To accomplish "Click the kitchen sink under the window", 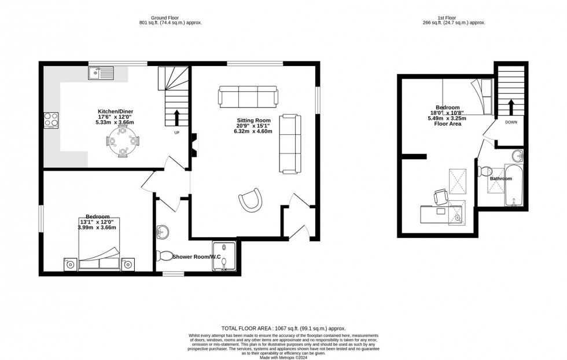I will click(102, 73).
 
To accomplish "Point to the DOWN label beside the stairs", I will click(511, 123).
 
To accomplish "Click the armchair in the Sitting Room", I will click(249, 200).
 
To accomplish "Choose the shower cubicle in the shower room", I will click(224, 256).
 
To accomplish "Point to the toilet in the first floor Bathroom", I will click(487, 171).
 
